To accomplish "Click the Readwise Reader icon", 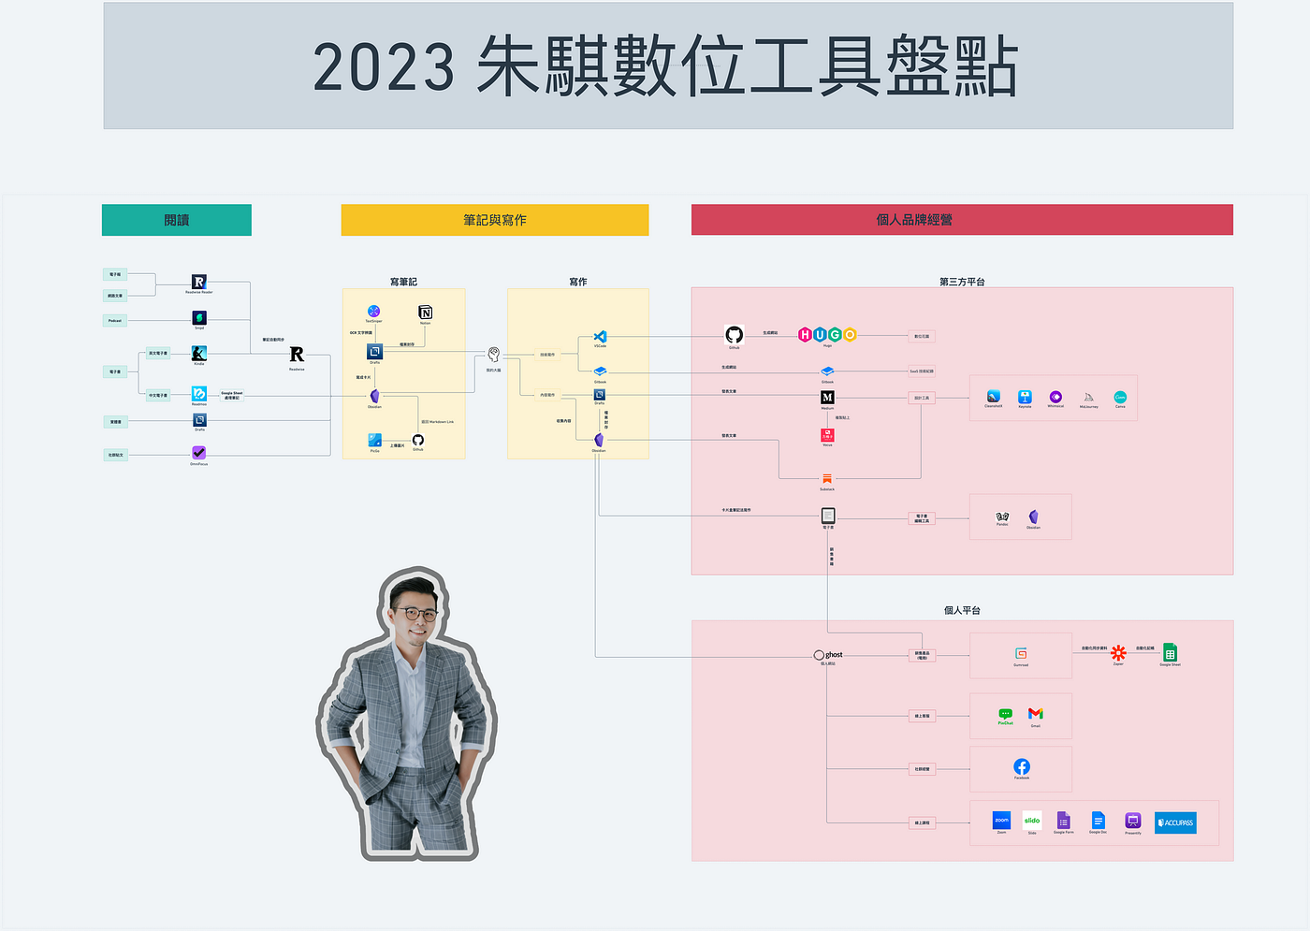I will [x=198, y=282].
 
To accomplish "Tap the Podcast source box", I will [x=115, y=320].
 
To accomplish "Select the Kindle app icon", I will [x=198, y=353].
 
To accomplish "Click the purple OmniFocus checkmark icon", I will [x=198, y=453].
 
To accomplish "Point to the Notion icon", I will [x=426, y=312].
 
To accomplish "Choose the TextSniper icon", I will [x=373, y=311].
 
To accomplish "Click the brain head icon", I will [x=493, y=354].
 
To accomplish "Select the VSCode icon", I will [x=600, y=337].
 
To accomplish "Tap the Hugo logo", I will [x=827, y=335].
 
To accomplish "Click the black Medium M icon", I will [x=827, y=398].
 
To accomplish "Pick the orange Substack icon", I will [x=827, y=479].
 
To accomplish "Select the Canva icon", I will [x=1120, y=398].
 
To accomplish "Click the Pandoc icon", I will [x=1002, y=516].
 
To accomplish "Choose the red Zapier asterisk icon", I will [x=1118, y=653].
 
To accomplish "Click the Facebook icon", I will [x=1022, y=767].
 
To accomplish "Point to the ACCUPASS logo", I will [x=1175, y=822].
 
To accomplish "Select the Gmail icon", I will [x=1036, y=714].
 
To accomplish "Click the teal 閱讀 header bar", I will [x=177, y=220].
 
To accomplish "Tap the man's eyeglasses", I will [x=417, y=614].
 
